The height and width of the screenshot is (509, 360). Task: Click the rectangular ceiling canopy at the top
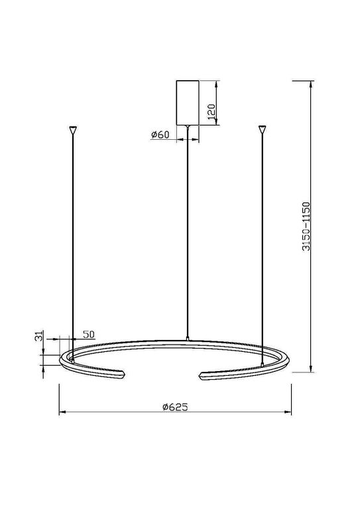(x=188, y=102)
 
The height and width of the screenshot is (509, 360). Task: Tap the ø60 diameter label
(x=160, y=135)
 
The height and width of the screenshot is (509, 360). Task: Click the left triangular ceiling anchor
(x=72, y=129)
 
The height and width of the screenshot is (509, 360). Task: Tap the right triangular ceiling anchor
(x=263, y=129)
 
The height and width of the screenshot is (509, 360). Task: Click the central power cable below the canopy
(x=188, y=232)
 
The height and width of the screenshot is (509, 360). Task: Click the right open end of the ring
(x=200, y=376)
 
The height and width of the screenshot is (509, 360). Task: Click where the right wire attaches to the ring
(x=263, y=363)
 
